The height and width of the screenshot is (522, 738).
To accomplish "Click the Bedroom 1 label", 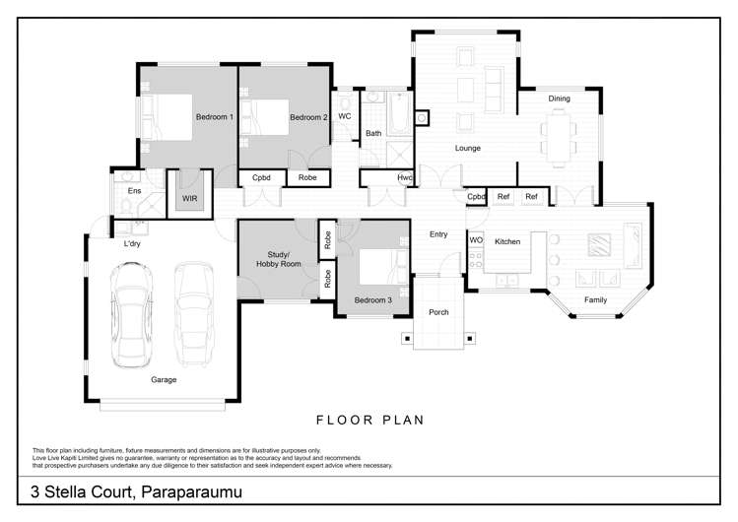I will click(214, 117).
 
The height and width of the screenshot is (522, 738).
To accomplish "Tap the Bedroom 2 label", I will click(308, 117).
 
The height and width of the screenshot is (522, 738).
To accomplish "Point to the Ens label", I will click(134, 190).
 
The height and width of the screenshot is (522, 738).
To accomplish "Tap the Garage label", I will click(164, 379).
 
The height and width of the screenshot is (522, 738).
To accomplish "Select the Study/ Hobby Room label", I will click(277, 259).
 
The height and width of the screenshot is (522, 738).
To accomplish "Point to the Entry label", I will click(438, 234).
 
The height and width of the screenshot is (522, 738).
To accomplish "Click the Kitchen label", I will click(506, 241).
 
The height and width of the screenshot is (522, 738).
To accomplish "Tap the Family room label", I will click(595, 299).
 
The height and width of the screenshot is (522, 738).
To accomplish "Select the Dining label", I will click(559, 98).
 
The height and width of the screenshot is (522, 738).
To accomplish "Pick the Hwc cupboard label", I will click(404, 178).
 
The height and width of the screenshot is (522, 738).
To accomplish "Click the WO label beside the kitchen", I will click(475, 240).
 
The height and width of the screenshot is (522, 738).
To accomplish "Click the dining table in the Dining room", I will click(560, 135).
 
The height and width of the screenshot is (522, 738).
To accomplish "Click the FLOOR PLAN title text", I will click(369, 420).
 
